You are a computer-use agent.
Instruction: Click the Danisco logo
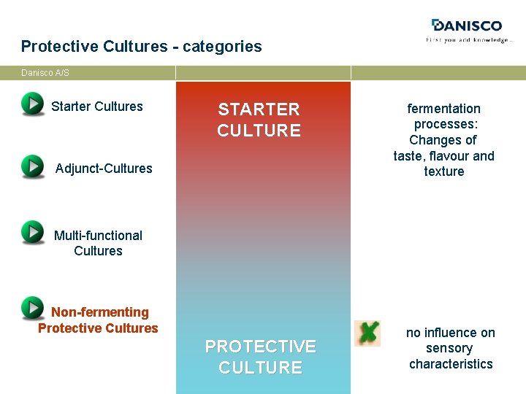click(x=467, y=26)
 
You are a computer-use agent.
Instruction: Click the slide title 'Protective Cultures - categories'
click(x=141, y=47)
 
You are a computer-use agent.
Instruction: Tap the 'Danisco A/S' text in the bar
click(x=45, y=73)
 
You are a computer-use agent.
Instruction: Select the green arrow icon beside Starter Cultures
click(x=33, y=104)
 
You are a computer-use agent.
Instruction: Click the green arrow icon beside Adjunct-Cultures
click(x=33, y=166)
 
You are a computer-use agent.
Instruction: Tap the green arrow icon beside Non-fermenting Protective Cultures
click(x=33, y=308)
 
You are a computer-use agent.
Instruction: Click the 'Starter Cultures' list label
click(x=97, y=107)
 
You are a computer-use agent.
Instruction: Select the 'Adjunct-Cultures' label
click(x=104, y=169)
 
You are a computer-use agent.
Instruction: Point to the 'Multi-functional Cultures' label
click(x=98, y=243)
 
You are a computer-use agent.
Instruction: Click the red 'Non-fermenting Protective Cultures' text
click(x=99, y=320)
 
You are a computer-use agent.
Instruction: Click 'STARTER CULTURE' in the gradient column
click(x=259, y=120)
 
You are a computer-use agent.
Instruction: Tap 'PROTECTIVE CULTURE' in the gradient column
click(x=260, y=357)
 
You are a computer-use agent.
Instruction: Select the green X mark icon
click(x=367, y=333)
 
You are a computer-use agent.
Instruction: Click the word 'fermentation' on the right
click(x=443, y=109)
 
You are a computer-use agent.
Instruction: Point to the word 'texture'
click(x=443, y=171)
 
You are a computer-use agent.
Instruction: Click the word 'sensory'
click(x=449, y=349)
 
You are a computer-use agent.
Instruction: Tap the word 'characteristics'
click(x=451, y=364)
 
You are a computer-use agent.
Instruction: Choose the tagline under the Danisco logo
click(x=469, y=40)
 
